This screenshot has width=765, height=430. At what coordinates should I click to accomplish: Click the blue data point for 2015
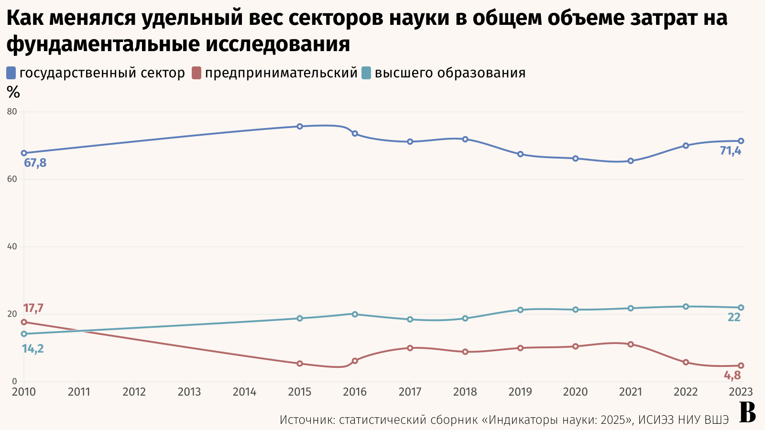click(x=300, y=127)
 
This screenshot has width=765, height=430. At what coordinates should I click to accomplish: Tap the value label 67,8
click(x=35, y=163)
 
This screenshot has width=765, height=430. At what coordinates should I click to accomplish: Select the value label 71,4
click(x=731, y=151)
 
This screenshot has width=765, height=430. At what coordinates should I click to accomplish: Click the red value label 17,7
click(x=33, y=309)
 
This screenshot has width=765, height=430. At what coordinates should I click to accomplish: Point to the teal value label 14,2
click(x=33, y=349)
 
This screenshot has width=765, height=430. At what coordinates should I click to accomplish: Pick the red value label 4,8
click(x=732, y=376)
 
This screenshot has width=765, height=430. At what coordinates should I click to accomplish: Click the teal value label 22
click(x=734, y=317)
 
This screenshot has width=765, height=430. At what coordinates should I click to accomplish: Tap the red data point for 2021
click(x=631, y=344)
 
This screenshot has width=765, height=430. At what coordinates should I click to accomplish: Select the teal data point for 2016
click(x=355, y=314)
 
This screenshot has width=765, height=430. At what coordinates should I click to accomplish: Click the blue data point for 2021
click(x=631, y=161)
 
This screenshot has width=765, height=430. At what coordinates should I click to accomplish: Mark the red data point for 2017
click(x=410, y=348)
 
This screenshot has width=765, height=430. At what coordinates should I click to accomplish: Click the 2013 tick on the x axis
click(x=189, y=392)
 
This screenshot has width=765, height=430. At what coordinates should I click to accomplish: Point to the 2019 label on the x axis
click(x=520, y=392)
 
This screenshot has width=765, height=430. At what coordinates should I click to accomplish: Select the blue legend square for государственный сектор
click(x=11, y=73)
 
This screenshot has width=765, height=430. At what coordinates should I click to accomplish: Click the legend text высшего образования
click(x=450, y=73)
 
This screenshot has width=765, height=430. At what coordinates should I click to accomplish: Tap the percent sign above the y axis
click(x=13, y=92)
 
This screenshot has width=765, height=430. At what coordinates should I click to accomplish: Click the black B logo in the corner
click(x=747, y=413)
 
